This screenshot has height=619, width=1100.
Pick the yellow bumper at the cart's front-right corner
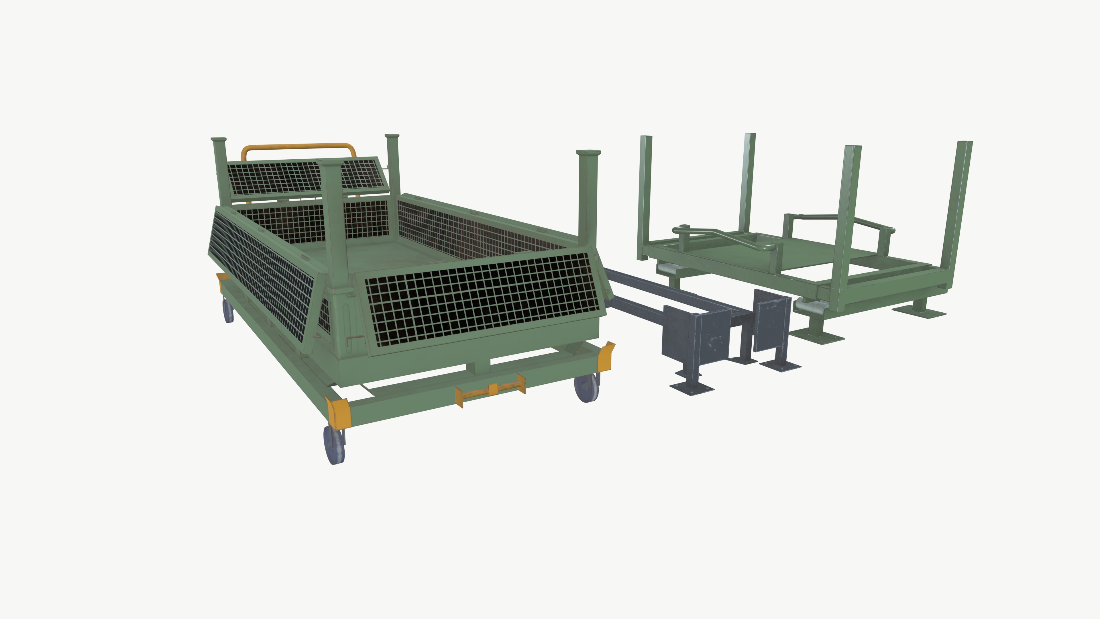click(x=606, y=356)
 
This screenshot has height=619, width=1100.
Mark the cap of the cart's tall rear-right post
click(x=588, y=152)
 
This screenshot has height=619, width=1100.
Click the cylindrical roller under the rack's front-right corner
click(x=810, y=306)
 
